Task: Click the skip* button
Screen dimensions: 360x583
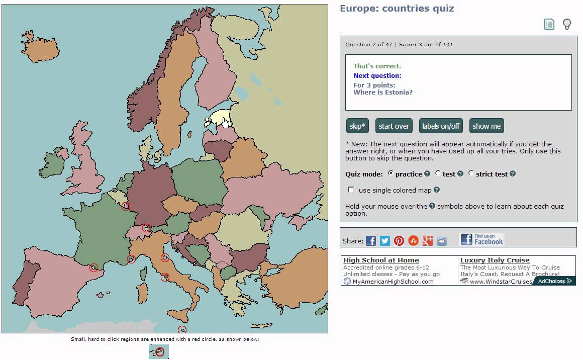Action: click(x=357, y=126)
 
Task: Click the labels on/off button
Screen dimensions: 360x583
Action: click(x=441, y=126)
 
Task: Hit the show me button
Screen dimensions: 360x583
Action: click(x=487, y=126)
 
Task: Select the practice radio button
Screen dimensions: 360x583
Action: click(x=391, y=173)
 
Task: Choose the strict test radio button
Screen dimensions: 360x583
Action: click(x=471, y=173)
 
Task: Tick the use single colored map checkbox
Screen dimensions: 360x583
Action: click(x=351, y=190)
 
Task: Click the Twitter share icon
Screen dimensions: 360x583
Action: click(x=385, y=241)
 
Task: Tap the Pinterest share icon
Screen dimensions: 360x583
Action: click(x=399, y=241)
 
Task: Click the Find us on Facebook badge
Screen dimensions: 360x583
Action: click(x=481, y=239)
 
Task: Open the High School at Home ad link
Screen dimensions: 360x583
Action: click(x=381, y=260)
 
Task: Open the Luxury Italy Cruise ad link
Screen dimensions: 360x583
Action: click(x=495, y=260)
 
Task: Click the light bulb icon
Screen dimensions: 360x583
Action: click(x=567, y=24)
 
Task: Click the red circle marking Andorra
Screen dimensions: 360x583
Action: click(x=93, y=268)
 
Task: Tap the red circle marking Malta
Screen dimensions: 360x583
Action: click(x=182, y=330)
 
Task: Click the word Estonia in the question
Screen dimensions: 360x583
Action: click(x=397, y=93)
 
